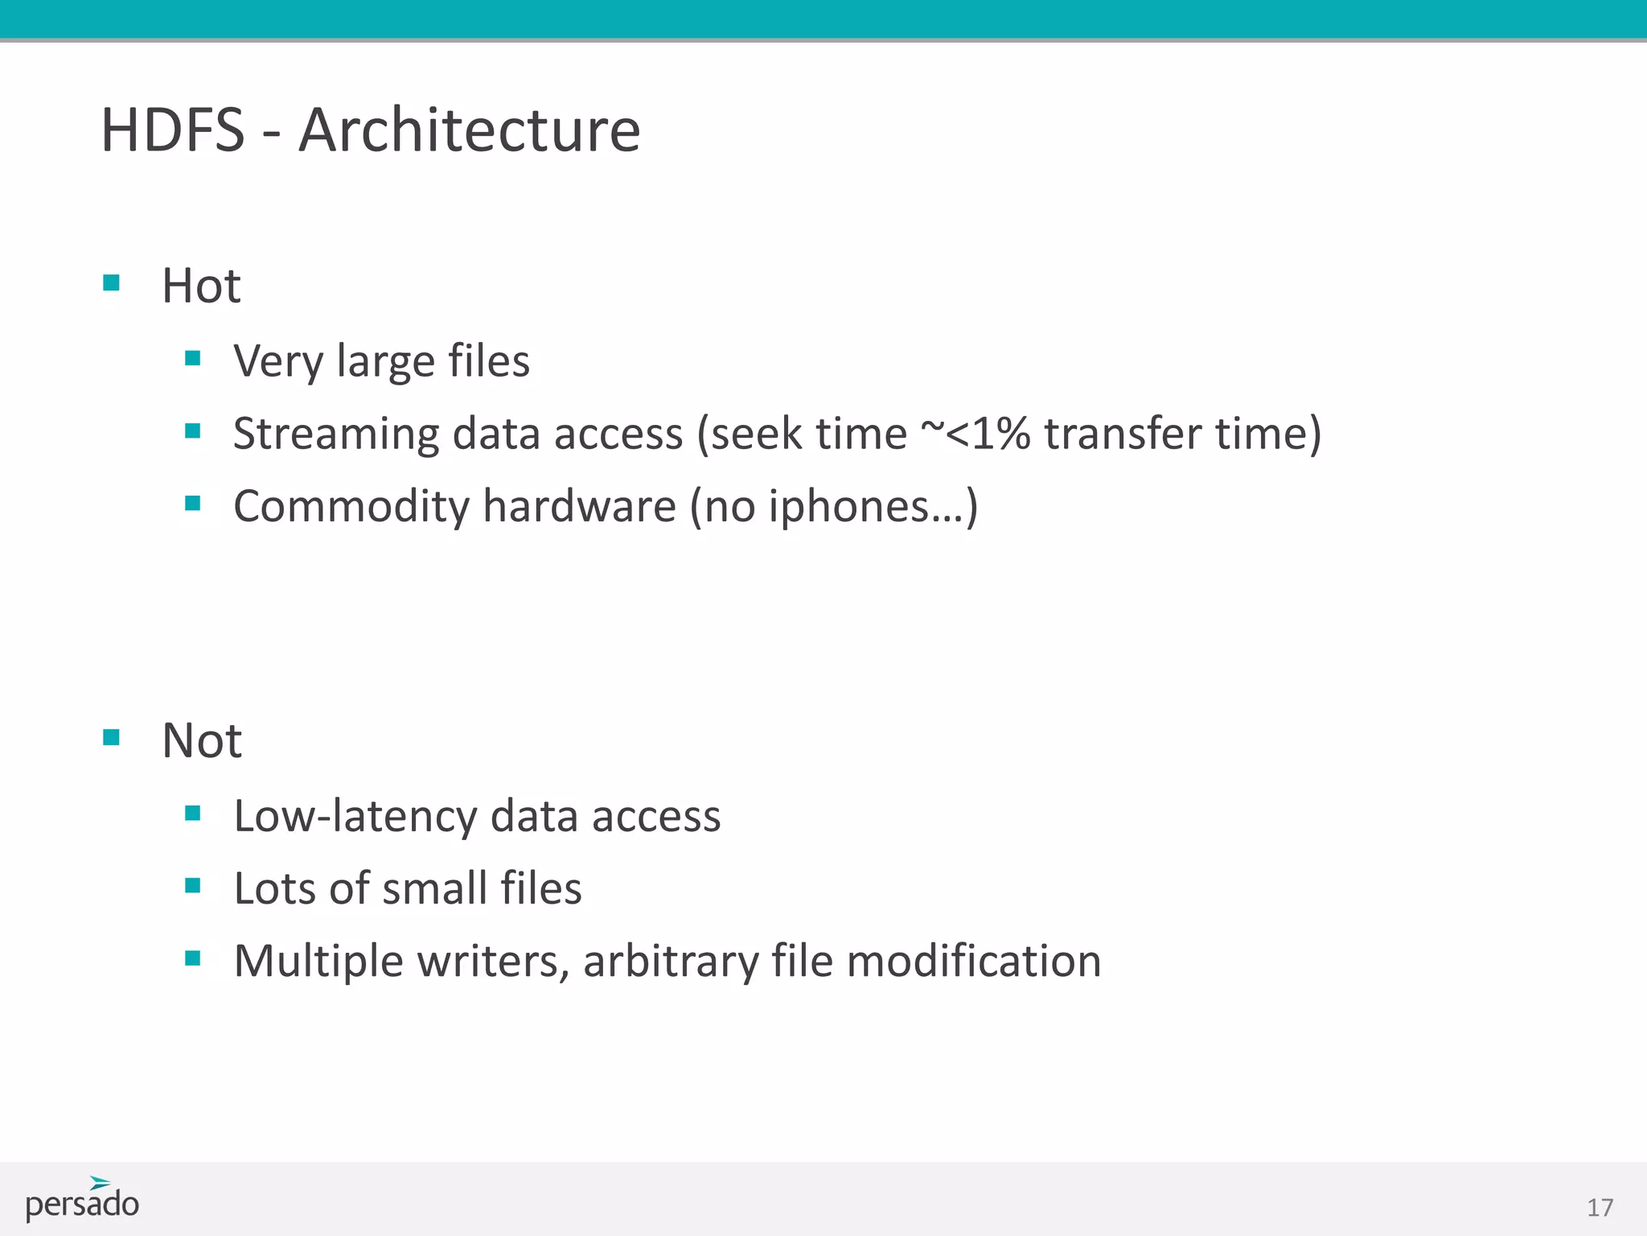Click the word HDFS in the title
click(x=172, y=130)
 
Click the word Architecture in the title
click(x=470, y=130)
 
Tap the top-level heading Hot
click(x=201, y=286)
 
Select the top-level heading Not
click(x=201, y=740)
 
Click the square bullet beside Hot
click(x=112, y=282)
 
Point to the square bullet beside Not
click(x=112, y=737)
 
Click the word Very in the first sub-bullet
click(x=277, y=361)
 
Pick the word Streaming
click(x=336, y=435)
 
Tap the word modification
click(x=974, y=961)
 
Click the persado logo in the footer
click(x=82, y=1200)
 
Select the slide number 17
click(x=1600, y=1208)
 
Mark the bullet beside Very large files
click(x=192, y=358)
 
